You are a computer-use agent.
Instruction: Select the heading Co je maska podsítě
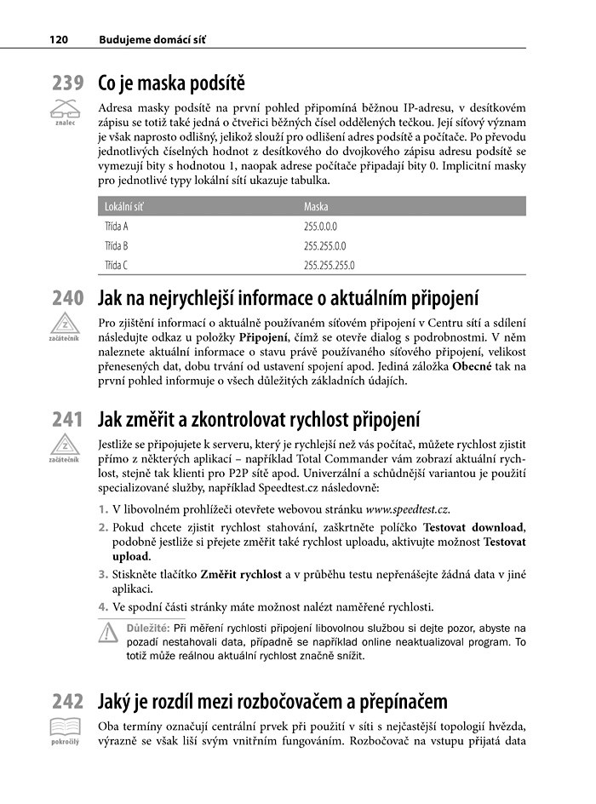pos(171,83)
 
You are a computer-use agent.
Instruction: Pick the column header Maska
pos(316,206)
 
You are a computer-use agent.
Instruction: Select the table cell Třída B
pos(116,245)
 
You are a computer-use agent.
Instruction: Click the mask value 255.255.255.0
pos(329,265)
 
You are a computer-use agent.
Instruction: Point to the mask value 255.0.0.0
pos(321,227)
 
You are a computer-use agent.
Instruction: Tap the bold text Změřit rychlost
pos(240,575)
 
